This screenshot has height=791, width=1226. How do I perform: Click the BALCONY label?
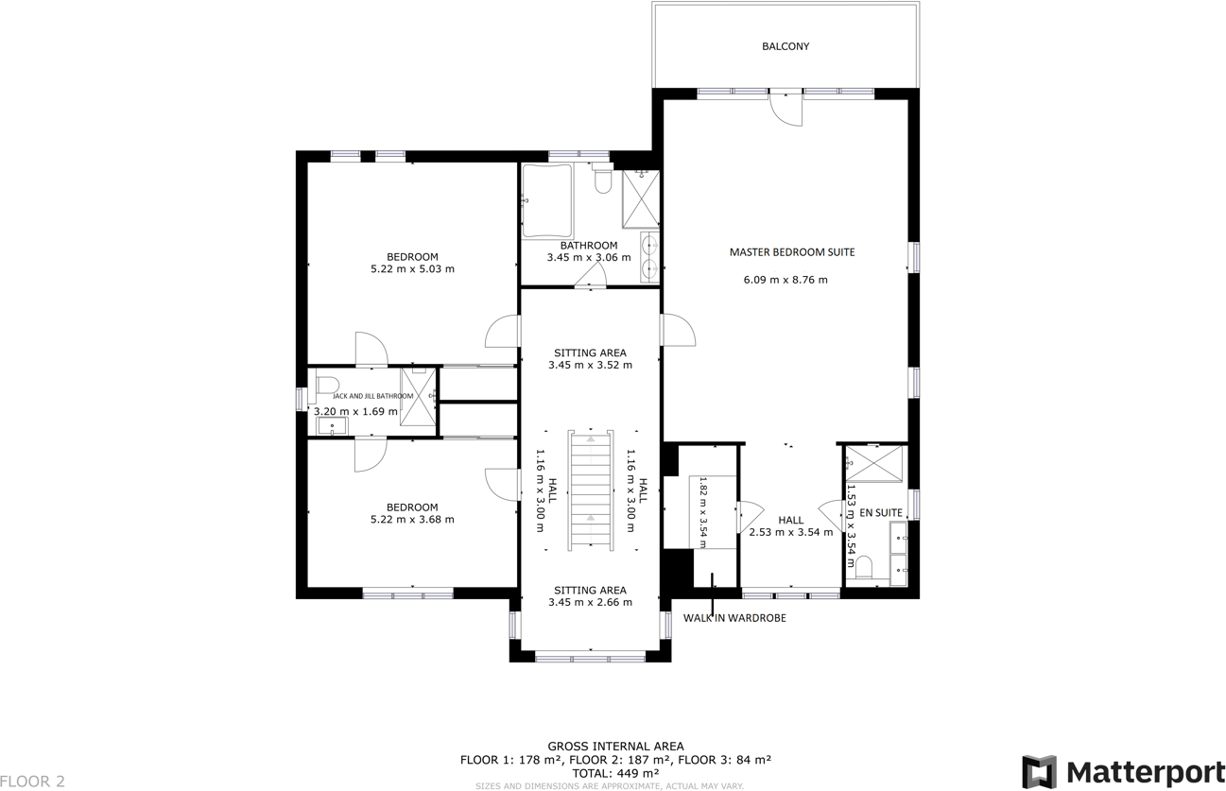[x=786, y=46]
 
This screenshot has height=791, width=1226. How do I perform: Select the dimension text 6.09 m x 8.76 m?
[x=785, y=280]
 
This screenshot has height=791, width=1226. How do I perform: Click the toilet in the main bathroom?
[x=602, y=180]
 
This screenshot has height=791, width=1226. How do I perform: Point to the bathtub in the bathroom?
[x=547, y=201]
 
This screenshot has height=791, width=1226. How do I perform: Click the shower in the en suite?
[x=874, y=464]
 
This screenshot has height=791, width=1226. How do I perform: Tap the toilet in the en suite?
[x=862, y=566]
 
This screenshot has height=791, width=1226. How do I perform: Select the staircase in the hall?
[x=591, y=490]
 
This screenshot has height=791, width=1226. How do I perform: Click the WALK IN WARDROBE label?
[x=734, y=618]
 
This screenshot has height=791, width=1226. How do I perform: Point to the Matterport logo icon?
[x=1040, y=771]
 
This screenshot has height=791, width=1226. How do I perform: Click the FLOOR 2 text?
[x=33, y=782]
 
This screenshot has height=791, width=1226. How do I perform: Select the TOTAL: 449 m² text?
[x=615, y=772]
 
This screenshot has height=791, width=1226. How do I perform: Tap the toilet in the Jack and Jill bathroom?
[x=327, y=385]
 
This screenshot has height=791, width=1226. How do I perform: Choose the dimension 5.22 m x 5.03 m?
[x=412, y=268]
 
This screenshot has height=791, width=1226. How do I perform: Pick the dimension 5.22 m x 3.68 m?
[x=412, y=519]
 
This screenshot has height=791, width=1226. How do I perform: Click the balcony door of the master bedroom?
[x=786, y=107]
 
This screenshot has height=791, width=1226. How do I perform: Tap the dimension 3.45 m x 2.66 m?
[x=591, y=602]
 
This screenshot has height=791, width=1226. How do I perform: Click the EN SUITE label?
[x=881, y=512]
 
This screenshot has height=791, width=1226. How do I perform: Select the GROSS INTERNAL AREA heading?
[x=615, y=746]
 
